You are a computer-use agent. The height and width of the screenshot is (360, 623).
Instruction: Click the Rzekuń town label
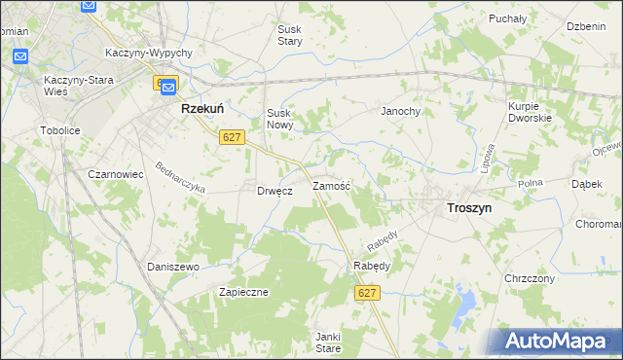pos(204,111)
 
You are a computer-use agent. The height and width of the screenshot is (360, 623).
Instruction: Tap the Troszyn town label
pos(468,208)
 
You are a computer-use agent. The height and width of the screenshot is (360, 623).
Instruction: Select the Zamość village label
pos(331,185)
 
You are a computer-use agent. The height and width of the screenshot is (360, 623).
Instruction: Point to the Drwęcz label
pos(275,191)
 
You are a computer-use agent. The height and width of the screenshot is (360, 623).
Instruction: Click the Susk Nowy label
pos(280,120)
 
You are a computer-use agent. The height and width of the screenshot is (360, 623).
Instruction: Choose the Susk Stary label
pos(289,36)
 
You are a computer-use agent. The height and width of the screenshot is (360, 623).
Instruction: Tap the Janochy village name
pos(400,112)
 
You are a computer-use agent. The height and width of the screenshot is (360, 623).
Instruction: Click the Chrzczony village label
pos(530,278)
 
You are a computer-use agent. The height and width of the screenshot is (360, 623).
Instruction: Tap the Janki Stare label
pos(327,342)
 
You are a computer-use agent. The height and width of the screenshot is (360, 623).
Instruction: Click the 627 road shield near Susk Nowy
pos(231,138)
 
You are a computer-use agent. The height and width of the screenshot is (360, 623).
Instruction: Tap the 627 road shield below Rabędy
pos(367,293)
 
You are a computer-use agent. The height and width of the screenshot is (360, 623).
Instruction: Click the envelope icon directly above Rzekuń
pos(167,87)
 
